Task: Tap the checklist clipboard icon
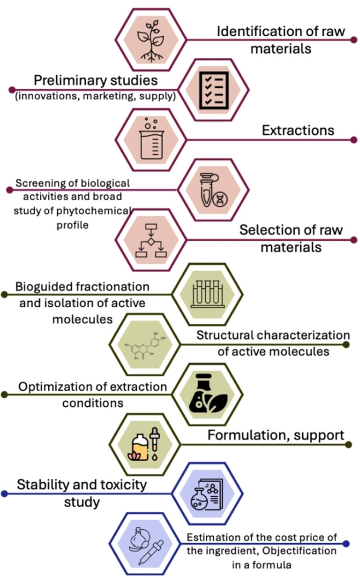pos(213,90)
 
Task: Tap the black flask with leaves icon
pos(212,394)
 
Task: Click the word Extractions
pos(298,130)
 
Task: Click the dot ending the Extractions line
pos(355,140)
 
